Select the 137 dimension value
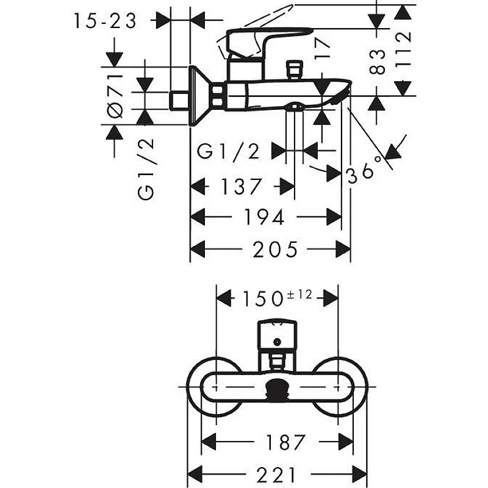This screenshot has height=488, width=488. [x=241, y=186]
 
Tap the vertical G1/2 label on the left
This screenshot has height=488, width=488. [x=146, y=169]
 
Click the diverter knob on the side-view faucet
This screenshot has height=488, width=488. [x=296, y=67]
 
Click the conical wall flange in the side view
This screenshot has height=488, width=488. [x=199, y=96]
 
